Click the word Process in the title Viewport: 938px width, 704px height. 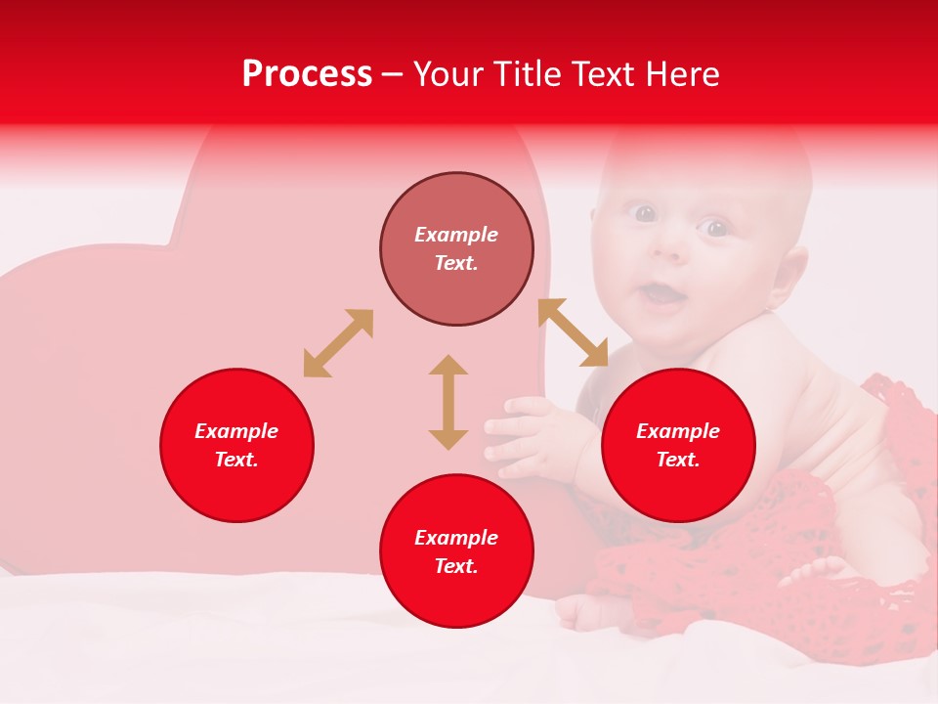coord(307,74)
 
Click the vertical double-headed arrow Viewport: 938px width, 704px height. coord(448,402)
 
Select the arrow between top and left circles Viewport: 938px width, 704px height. coord(338,343)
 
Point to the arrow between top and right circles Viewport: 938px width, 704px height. coord(573,332)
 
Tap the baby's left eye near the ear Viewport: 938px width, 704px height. coord(717,229)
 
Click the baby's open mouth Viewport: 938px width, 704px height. coord(663,294)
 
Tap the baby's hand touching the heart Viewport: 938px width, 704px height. coord(523,436)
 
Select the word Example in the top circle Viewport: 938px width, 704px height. coord(456,235)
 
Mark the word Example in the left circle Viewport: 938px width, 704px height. coord(236,431)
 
